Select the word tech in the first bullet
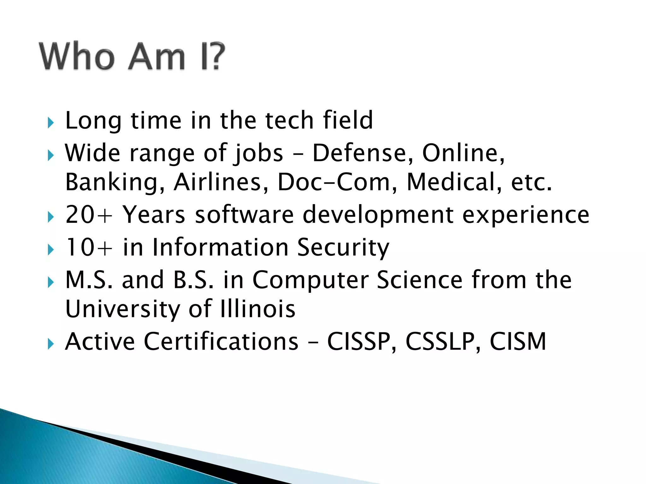(x=289, y=120)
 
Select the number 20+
(x=89, y=215)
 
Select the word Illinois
(x=258, y=309)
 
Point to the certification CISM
(x=518, y=342)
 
